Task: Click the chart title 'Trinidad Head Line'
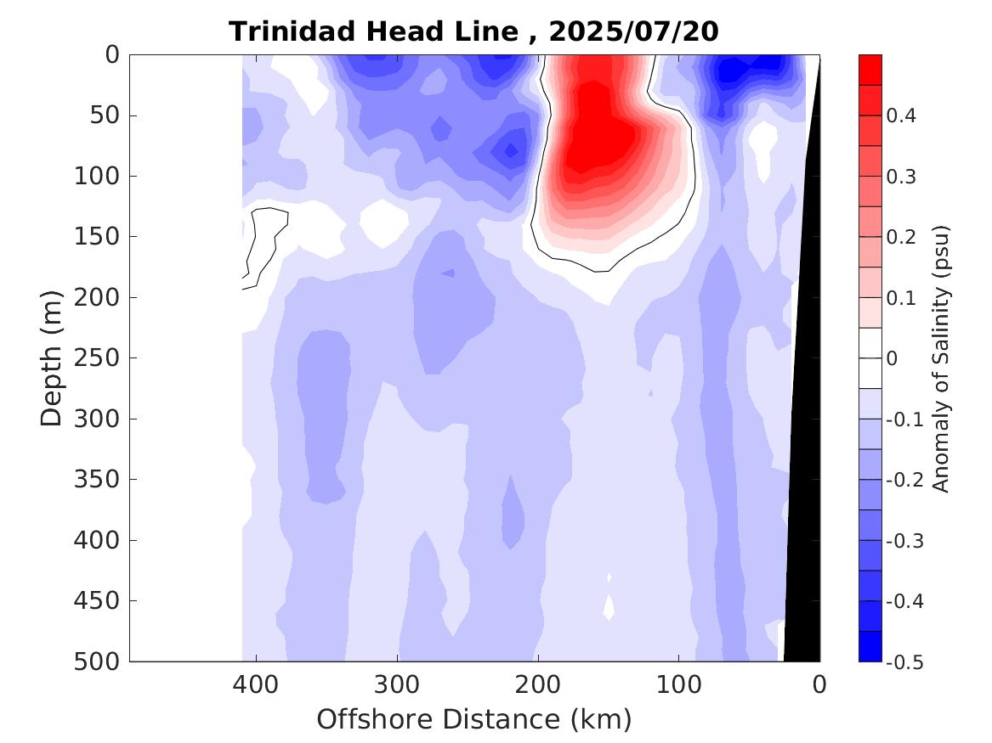[372, 32]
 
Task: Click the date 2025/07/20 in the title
[633, 32]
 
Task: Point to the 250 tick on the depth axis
[101, 358]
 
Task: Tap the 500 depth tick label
[101, 661]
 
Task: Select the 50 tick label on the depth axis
[107, 115]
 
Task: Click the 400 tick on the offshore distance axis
[255, 684]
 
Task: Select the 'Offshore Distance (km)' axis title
[474, 720]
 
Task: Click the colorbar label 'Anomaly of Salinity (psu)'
[940, 358]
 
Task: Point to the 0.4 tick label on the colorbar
[901, 116]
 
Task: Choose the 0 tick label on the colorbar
[892, 359]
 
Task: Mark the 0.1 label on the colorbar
[901, 298]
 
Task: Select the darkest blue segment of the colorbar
[870, 646]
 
